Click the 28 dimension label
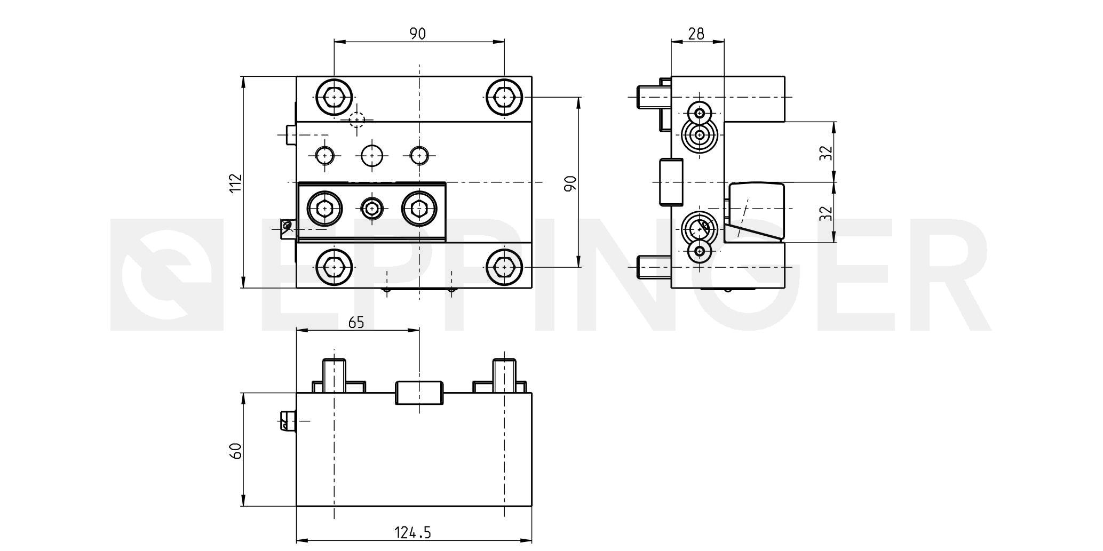[x=696, y=34]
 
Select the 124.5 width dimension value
[x=412, y=532]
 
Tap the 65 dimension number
[x=356, y=322]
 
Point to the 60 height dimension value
[x=236, y=450]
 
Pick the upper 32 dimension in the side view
[x=827, y=153]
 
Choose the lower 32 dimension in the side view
[x=827, y=213]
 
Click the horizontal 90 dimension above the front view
[x=418, y=34]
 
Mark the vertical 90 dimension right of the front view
[x=570, y=183]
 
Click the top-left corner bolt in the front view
[x=334, y=97]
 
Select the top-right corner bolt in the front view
[x=504, y=97]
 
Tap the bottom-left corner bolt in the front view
[x=334, y=267]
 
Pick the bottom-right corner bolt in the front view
[x=504, y=267]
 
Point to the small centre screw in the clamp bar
[x=371, y=207]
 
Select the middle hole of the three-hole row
[x=372, y=156]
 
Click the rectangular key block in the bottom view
[x=419, y=393]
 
